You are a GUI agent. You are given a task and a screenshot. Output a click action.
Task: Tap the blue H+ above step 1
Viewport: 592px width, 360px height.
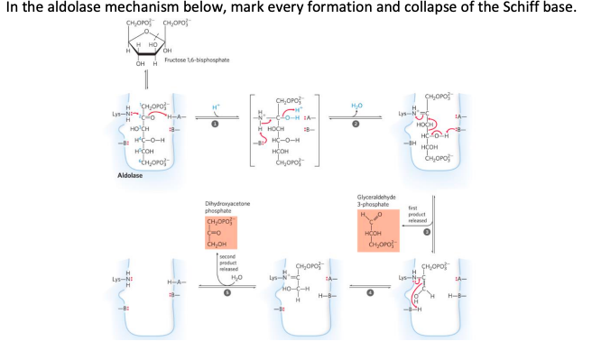point(215,106)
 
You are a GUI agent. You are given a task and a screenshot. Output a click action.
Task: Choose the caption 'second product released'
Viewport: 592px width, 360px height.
point(227,263)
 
